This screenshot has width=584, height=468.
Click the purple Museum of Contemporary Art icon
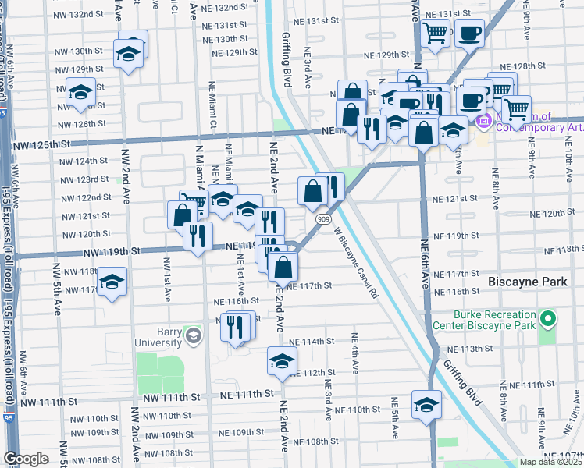click(482, 121)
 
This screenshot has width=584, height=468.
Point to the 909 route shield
click(323, 219)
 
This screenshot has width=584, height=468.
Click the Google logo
click(26, 459)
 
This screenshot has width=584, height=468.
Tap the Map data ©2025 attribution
click(550, 462)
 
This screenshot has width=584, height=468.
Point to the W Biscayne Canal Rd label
click(356, 263)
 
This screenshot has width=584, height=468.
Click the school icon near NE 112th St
click(282, 360)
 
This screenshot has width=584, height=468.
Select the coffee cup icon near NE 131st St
click(470, 33)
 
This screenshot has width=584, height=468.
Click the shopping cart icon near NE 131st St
click(436, 33)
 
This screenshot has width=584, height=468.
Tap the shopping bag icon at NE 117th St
click(283, 267)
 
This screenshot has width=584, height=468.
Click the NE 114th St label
click(312, 342)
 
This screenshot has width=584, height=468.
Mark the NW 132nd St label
click(79, 14)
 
